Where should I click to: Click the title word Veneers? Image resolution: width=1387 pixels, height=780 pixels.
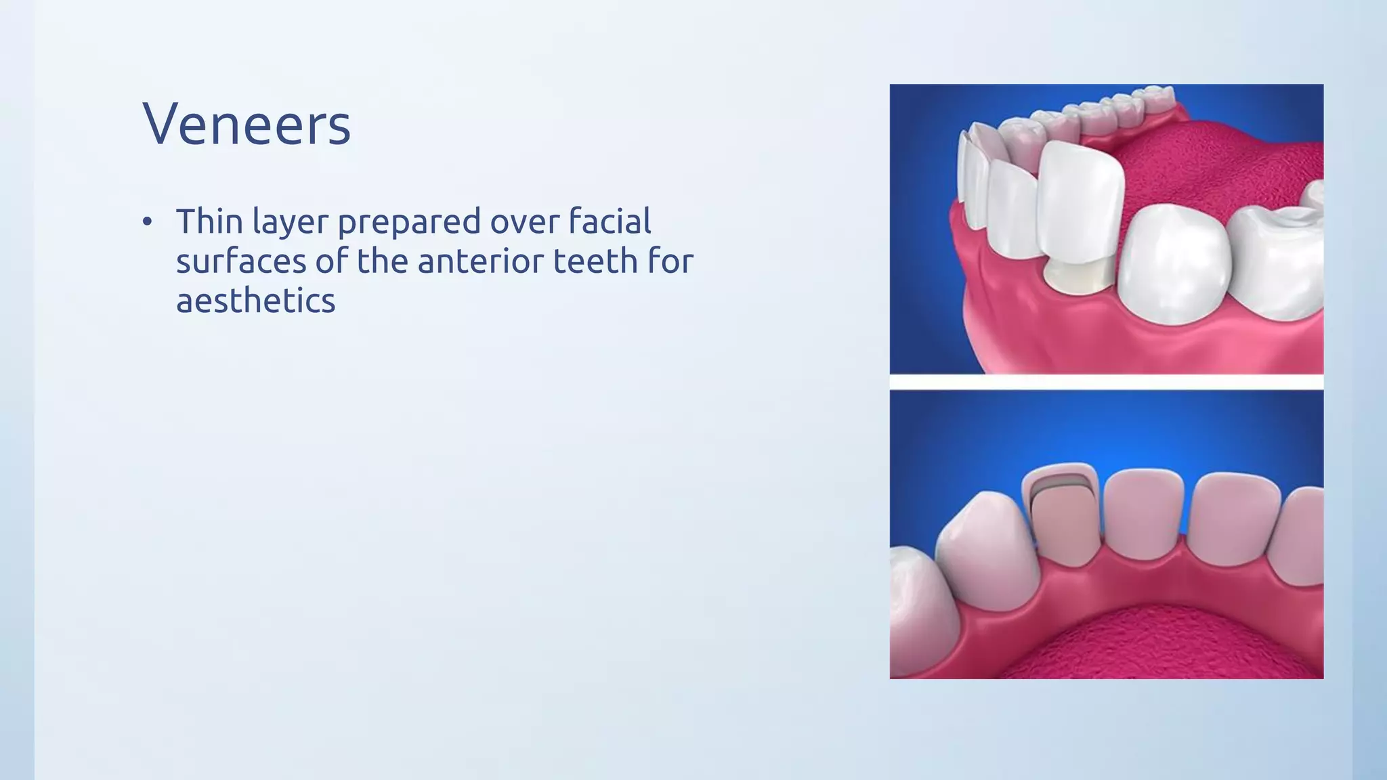(x=247, y=124)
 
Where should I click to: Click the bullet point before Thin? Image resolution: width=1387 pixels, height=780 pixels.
(x=148, y=223)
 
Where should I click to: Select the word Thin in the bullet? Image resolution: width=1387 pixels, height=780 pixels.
(x=209, y=221)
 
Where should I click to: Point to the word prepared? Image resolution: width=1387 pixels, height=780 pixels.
(x=408, y=223)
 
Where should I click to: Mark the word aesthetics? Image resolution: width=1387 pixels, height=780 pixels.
(x=255, y=301)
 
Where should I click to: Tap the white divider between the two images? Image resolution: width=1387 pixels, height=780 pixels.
(x=1106, y=383)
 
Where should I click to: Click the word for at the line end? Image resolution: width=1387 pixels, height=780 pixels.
(x=670, y=261)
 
